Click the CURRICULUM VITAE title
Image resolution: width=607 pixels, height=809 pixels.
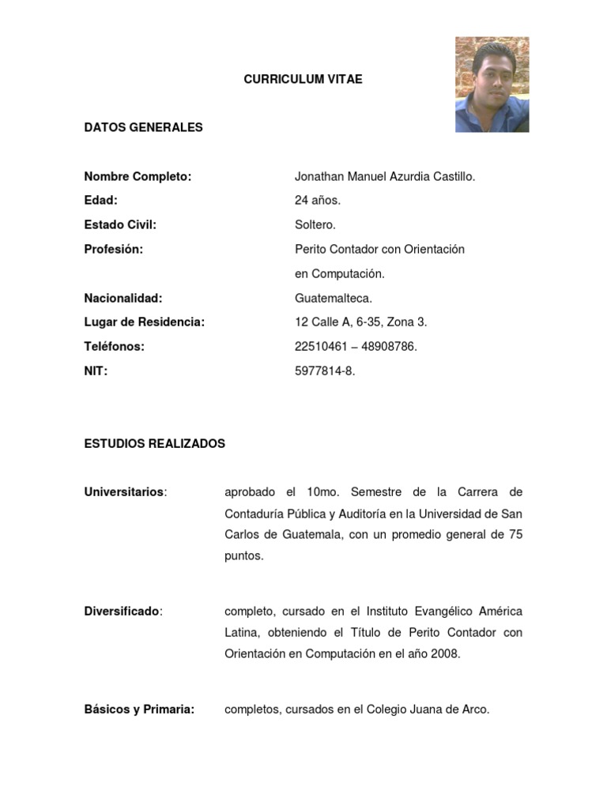pyautogui.click(x=303, y=79)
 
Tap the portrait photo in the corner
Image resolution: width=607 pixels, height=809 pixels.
pyautogui.click(x=492, y=85)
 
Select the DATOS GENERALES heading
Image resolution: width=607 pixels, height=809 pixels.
pyautogui.click(x=143, y=127)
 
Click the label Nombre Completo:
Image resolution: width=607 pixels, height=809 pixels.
pyautogui.click(x=138, y=176)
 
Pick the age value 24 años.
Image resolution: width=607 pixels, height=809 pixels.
pyautogui.click(x=318, y=201)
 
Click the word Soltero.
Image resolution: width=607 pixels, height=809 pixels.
pyautogui.click(x=315, y=225)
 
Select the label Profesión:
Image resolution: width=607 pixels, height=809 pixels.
pyautogui.click(x=114, y=249)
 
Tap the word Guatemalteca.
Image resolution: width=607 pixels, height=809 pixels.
pyautogui.click(x=333, y=298)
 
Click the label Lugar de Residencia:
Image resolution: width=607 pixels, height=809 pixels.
pyautogui.click(x=144, y=322)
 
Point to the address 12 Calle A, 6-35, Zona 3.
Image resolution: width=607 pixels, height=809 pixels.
pyautogui.click(x=360, y=322)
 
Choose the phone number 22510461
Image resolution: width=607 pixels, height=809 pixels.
pyautogui.click(x=322, y=347)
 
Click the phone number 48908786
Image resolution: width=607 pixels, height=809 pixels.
pyautogui.click(x=389, y=347)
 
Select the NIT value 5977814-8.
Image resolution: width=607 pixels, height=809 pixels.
pyautogui.click(x=325, y=371)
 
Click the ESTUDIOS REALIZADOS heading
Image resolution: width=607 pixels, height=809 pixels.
pyautogui.click(x=154, y=444)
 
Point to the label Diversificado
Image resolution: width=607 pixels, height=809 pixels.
pyautogui.click(x=123, y=611)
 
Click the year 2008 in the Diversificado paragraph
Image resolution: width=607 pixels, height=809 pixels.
pyautogui.click(x=444, y=654)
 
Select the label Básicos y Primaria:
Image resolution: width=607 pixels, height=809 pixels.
pyautogui.click(x=139, y=709)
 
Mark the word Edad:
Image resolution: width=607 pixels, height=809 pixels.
pyautogui.click(x=100, y=201)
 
